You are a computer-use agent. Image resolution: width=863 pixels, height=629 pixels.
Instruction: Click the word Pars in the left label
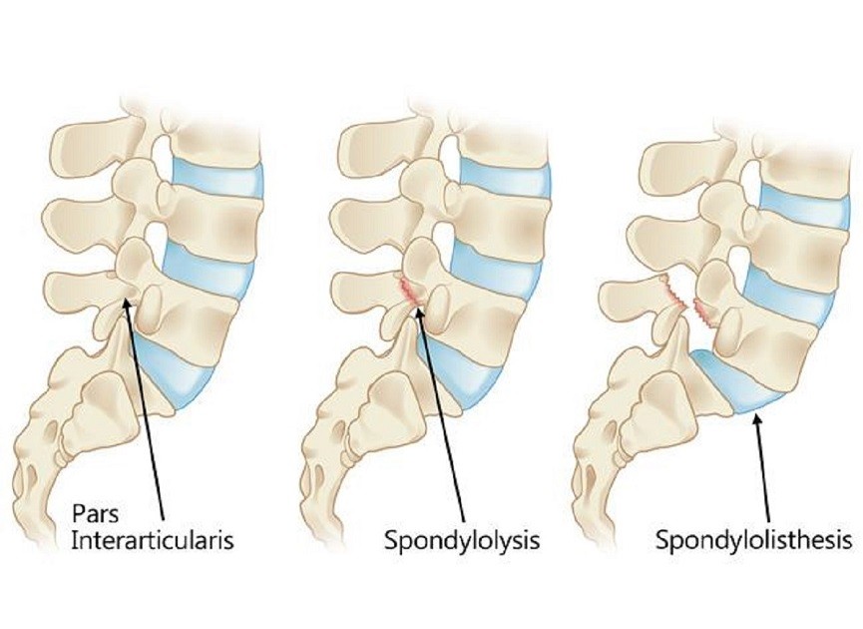(95, 514)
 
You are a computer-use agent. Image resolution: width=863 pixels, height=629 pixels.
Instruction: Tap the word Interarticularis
(153, 541)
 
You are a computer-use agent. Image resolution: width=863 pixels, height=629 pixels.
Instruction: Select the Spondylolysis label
(461, 541)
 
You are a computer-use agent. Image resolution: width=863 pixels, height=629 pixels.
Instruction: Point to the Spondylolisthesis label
(753, 541)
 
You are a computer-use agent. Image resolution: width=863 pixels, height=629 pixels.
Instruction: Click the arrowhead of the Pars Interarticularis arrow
(126, 303)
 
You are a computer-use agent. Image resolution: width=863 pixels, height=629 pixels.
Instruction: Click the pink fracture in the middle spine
(409, 291)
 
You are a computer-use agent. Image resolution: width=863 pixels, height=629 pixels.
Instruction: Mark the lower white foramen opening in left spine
(157, 239)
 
